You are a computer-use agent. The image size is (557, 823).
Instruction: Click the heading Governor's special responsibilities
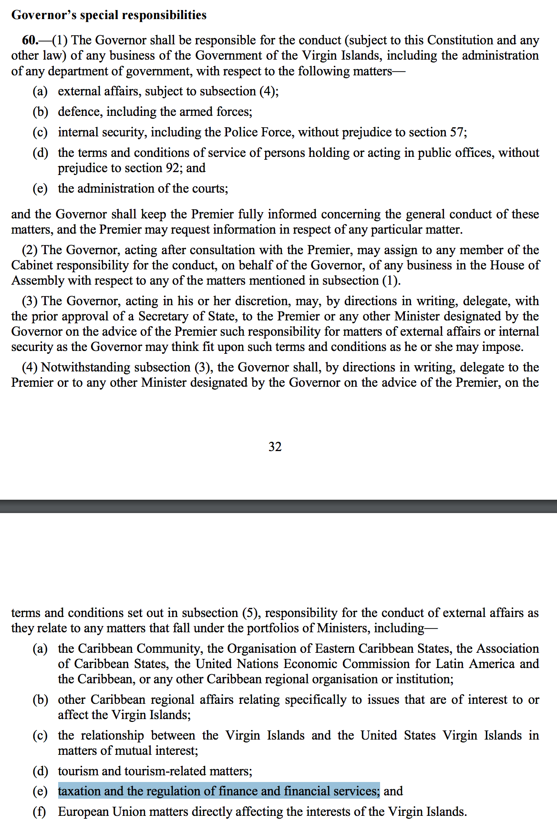(x=109, y=15)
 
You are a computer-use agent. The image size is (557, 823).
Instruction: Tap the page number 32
(x=275, y=447)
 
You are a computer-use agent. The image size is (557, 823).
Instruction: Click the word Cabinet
(x=32, y=265)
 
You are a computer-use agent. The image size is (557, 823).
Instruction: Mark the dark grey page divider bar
(x=278, y=506)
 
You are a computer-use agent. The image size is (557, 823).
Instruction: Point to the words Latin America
(x=474, y=664)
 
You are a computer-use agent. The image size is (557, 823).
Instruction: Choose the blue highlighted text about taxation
(x=219, y=791)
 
